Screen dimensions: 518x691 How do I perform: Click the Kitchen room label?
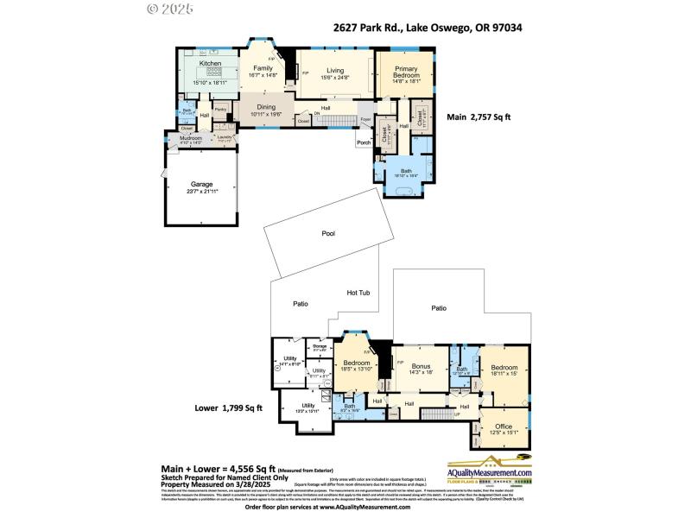coord(211,64)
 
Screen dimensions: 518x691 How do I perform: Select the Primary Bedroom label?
coord(406,73)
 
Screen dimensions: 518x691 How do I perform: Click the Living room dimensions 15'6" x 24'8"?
coord(335,79)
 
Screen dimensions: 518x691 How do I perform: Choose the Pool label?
coord(328,233)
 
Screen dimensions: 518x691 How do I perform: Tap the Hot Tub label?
coord(358,293)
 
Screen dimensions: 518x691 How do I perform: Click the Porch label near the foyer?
coord(365,143)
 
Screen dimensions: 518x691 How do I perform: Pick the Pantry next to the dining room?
coord(220,110)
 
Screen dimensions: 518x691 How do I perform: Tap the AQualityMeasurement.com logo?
coord(489,473)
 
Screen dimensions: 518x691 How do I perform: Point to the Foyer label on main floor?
coord(365,119)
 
